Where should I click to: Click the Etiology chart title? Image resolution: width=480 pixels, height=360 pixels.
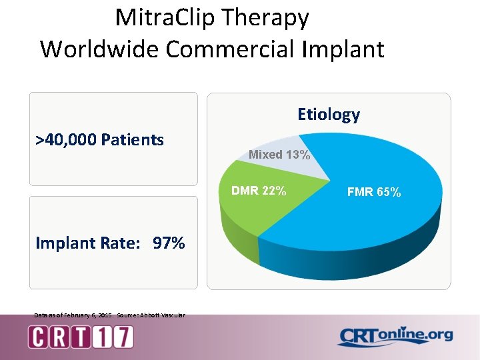(x=328, y=115)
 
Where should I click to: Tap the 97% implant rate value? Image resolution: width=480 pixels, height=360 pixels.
(x=169, y=243)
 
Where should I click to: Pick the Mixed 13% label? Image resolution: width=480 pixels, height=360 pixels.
(x=279, y=155)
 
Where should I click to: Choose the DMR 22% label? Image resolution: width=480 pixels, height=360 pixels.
(x=259, y=191)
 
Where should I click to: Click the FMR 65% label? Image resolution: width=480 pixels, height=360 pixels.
(x=374, y=193)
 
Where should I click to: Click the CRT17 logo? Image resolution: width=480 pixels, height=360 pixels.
(x=81, y=336)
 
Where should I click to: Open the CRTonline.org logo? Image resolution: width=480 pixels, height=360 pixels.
(x=395, y=336)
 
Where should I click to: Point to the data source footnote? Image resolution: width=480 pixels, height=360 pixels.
(x=109, y=315)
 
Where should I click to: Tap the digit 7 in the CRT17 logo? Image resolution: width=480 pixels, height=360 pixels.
(x=122, y=337)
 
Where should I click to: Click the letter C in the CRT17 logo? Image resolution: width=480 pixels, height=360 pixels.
(x=38, y=337)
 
